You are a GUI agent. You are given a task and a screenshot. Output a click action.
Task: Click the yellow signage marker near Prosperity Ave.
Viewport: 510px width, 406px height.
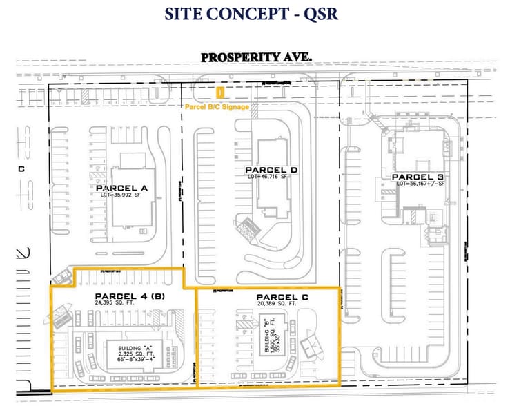pyautogui.click(x=220, y=91)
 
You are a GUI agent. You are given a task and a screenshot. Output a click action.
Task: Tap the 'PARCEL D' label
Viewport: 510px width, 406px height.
pyautogui.click(x=271, y=170)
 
